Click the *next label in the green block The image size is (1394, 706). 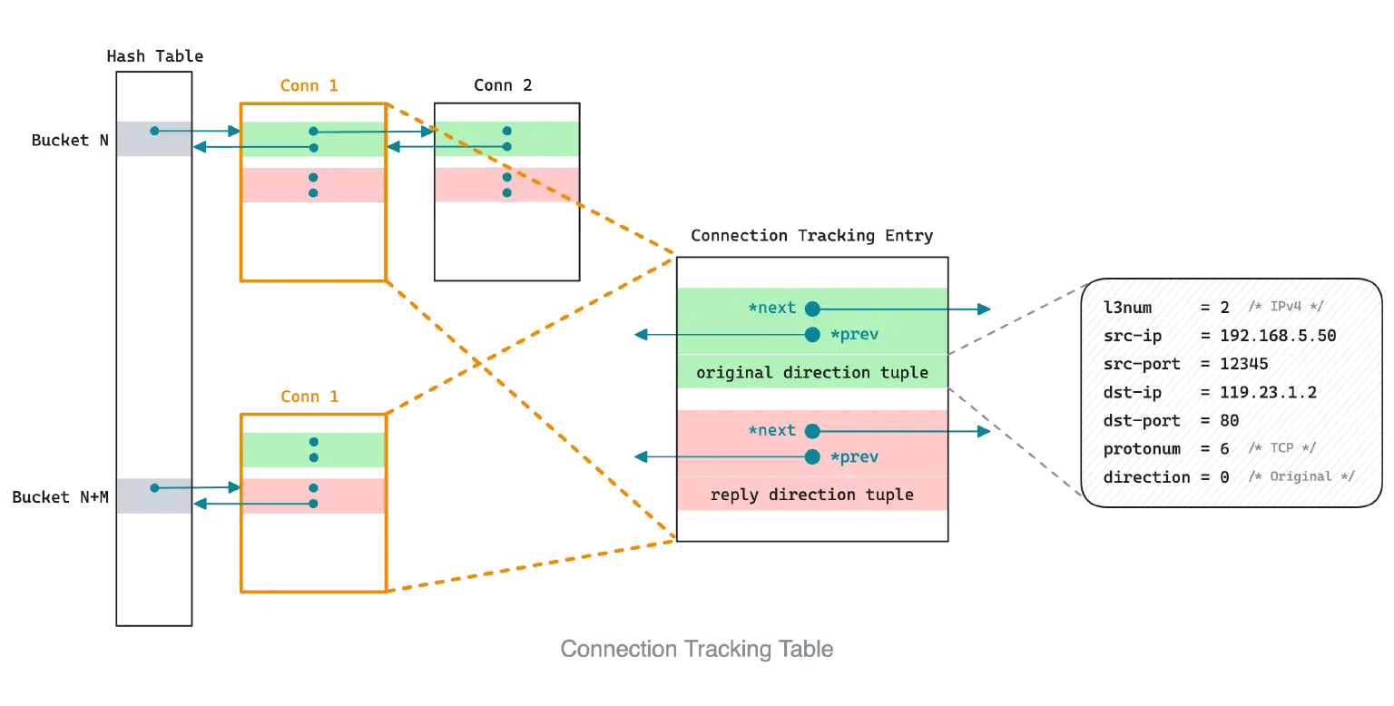[x=771, y=309]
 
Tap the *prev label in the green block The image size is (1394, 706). [x=854, y=335]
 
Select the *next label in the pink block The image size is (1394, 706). [x=771, y=430]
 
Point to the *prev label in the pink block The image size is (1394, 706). [x=854, y=456]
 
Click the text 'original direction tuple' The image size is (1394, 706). [x=812, y=373]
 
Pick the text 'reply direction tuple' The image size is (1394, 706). [x=812, y=495]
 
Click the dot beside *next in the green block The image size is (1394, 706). [x=812, y=309]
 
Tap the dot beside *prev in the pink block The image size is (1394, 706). [x=812, y=456]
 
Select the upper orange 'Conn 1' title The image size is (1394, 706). [x=309, y=86]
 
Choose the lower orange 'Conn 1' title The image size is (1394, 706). [x=309, y=397]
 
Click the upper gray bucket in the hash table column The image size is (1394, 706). [x=153, y=137]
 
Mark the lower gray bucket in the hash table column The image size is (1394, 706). [x=153, y=494]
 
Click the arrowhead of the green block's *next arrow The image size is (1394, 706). [x=985, y=309]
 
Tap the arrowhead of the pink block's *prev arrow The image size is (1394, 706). [x=640, y=457]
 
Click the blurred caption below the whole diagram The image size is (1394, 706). [x=695, y=651]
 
